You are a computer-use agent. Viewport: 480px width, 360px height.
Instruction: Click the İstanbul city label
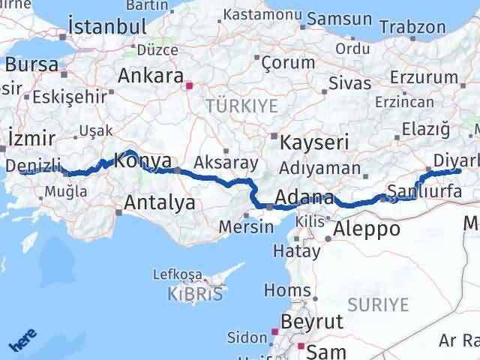106,26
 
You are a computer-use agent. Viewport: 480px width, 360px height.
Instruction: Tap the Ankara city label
151,76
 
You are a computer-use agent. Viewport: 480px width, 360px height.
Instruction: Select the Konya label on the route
142,160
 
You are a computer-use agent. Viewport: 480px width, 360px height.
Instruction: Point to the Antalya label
159,202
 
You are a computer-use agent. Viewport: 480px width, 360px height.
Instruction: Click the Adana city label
304,199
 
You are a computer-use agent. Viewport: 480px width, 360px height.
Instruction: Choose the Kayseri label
314,142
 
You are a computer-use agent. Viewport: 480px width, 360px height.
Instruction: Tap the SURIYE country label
379,304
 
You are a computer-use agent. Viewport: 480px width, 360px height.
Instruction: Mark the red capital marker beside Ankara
189,85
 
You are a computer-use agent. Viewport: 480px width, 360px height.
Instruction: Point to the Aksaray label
226,162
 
